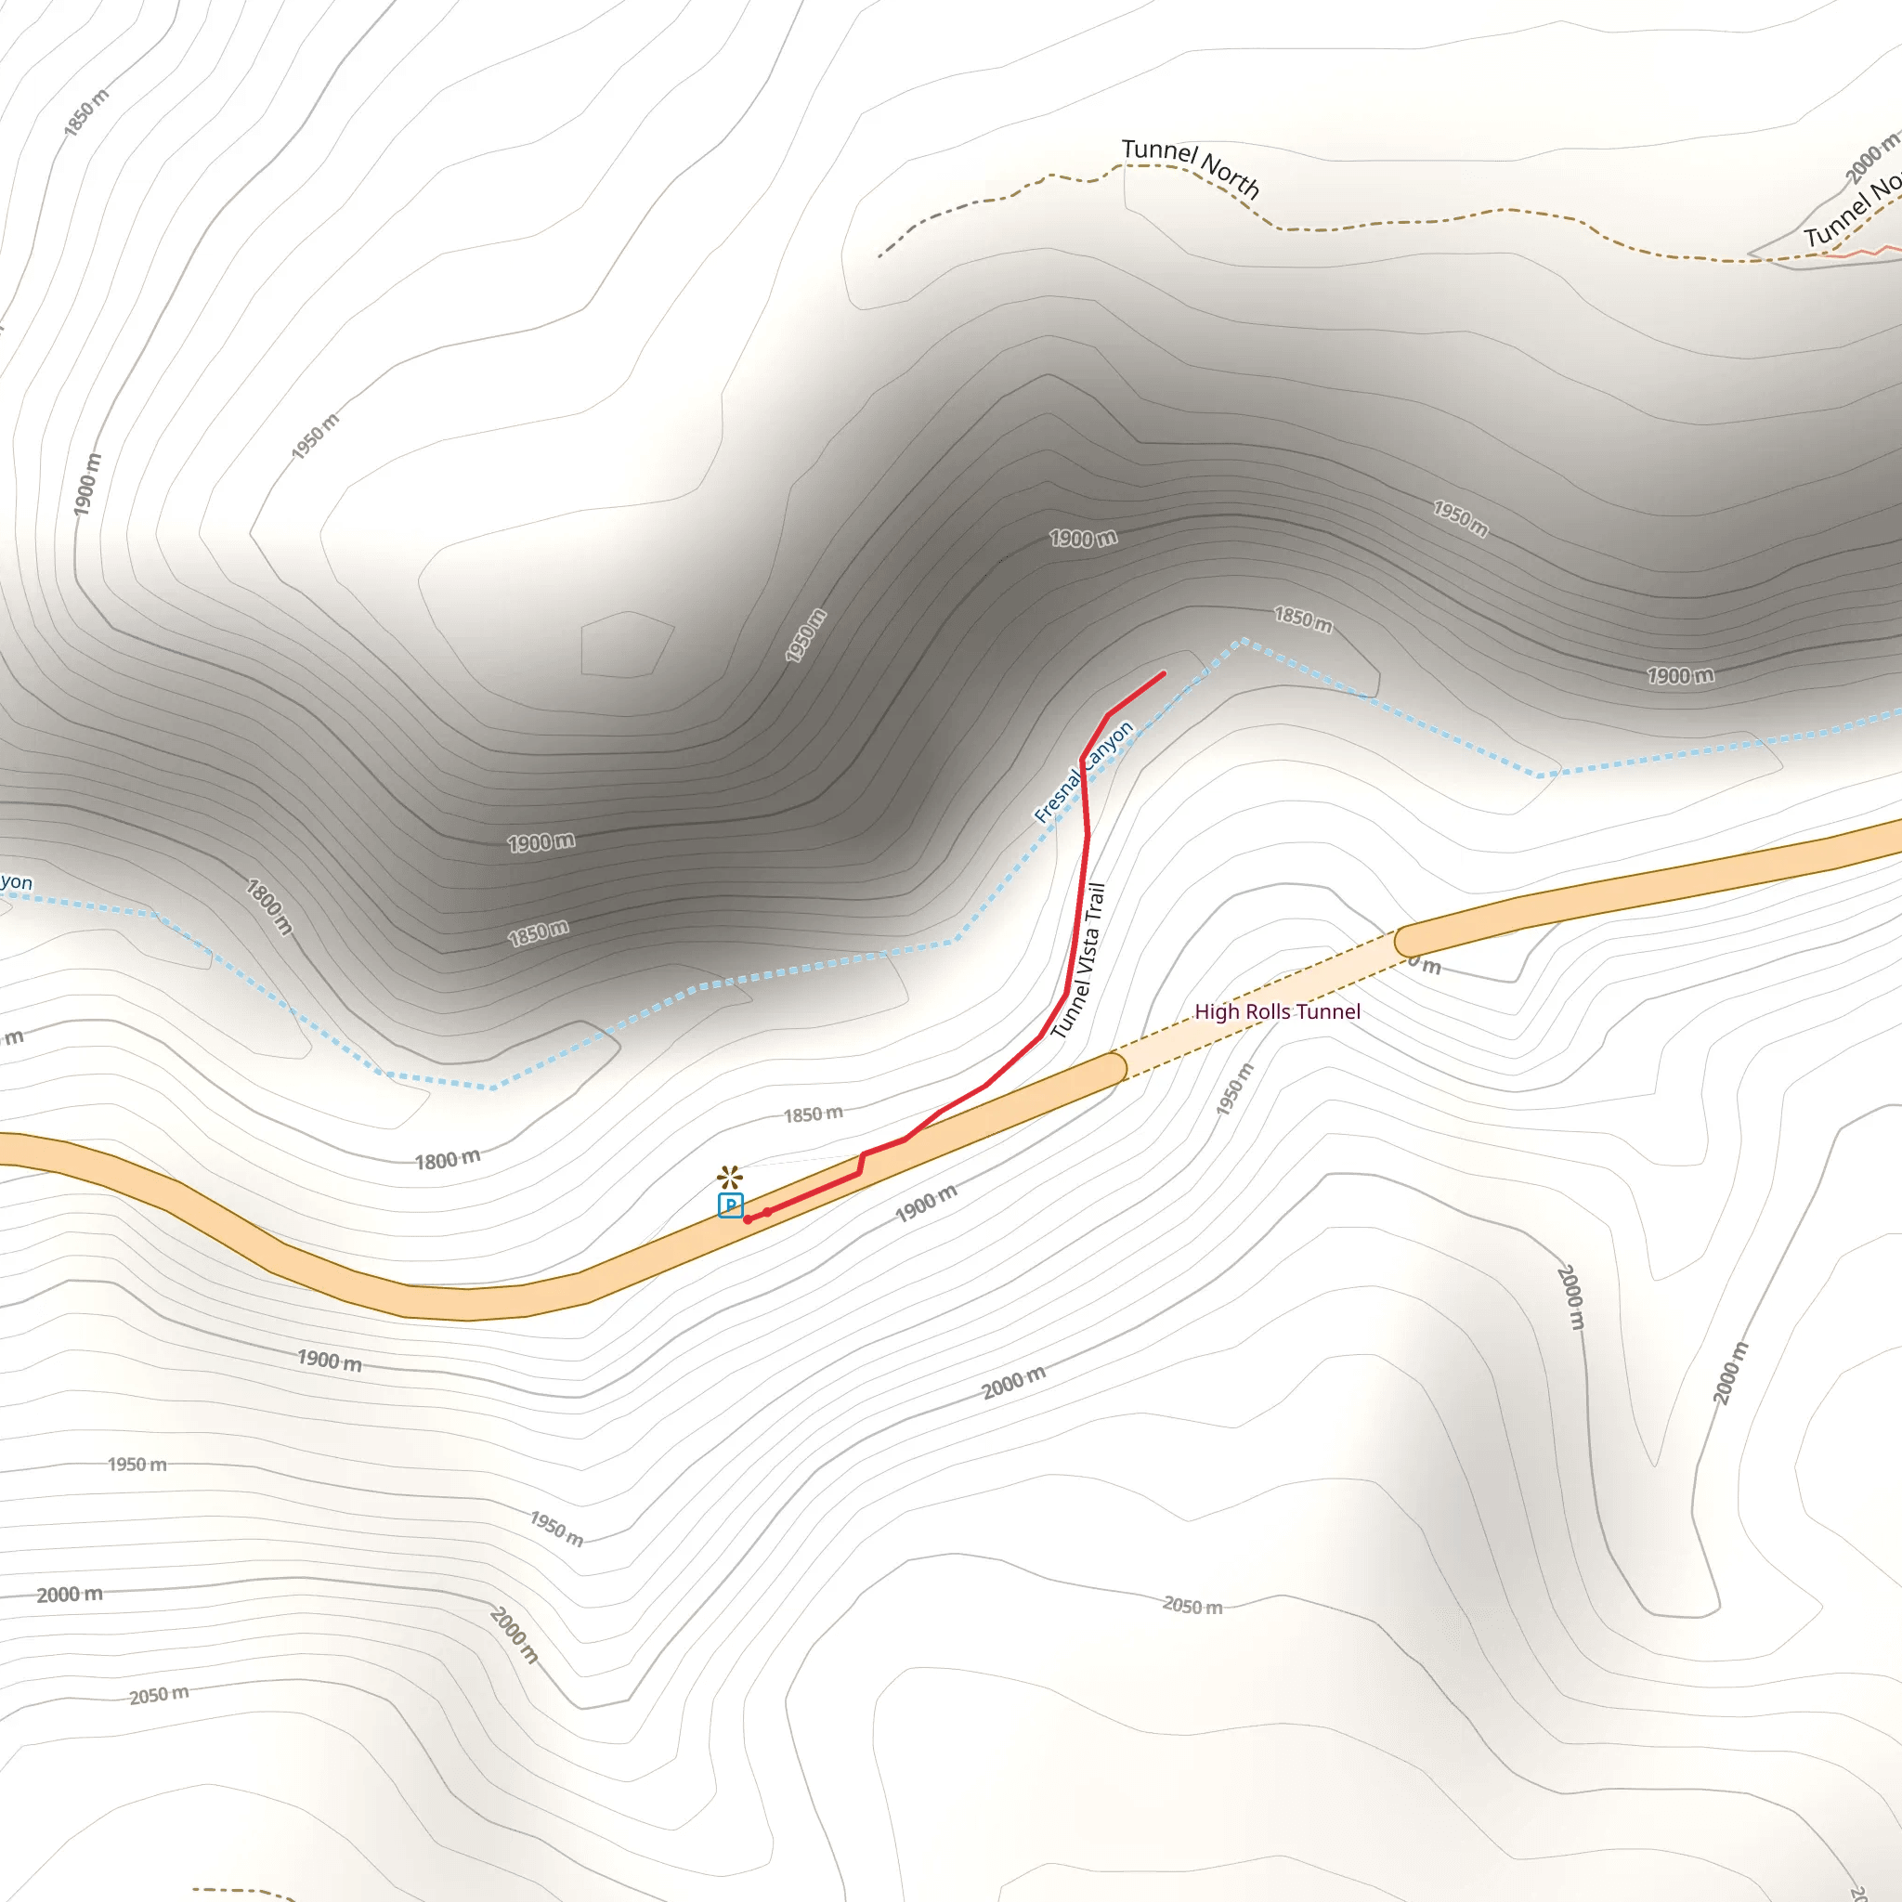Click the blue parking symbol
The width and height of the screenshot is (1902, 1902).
tap(731, 1205)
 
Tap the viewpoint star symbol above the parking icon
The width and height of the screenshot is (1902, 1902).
tap(729, 1177)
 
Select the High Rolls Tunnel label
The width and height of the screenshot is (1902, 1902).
tap(1277, 1012)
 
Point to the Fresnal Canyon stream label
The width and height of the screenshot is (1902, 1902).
tap(1084, 772)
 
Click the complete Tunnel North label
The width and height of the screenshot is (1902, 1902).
tap(1191, 166)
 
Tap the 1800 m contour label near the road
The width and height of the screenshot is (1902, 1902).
tap(448, 1160)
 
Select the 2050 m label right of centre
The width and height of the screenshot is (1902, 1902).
tap(1192, 1607)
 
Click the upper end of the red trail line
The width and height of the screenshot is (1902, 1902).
tap(1164, 674)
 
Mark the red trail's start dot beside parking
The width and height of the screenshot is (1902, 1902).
tap(749, 1219)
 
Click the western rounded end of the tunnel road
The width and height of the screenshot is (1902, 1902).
tap(1114, 1068)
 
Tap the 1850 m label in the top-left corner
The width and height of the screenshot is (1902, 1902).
tap(85, 112)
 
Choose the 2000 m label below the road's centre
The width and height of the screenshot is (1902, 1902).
tap(1013, 1382)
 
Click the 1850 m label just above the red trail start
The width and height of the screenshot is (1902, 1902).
tap(814, 1114)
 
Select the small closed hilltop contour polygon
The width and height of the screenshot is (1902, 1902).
tap(626, 645)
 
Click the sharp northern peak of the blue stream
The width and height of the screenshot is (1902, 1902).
tap(1244, 641)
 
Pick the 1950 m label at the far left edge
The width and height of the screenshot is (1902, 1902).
tap(137, 1465)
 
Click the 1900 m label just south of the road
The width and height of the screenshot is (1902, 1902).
tap(925, 1203)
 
